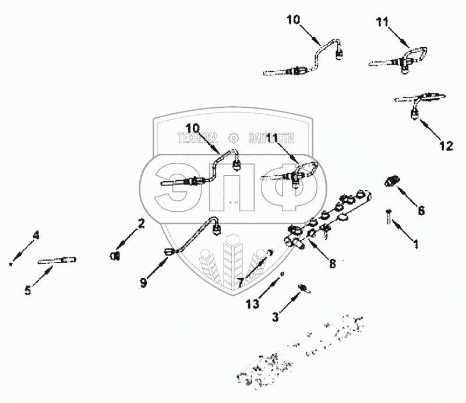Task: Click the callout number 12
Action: click(445, 146)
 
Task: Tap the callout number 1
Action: click(415, 245)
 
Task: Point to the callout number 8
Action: click(332, 263)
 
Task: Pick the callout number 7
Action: click(240, 282)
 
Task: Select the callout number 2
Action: click(141, 222)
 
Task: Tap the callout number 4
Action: click(36, 236)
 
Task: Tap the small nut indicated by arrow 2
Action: click(115, 255)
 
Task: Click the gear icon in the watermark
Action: click(233, 138)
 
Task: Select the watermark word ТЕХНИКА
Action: click(197, 138)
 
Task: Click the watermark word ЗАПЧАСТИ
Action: click(271, 138)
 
